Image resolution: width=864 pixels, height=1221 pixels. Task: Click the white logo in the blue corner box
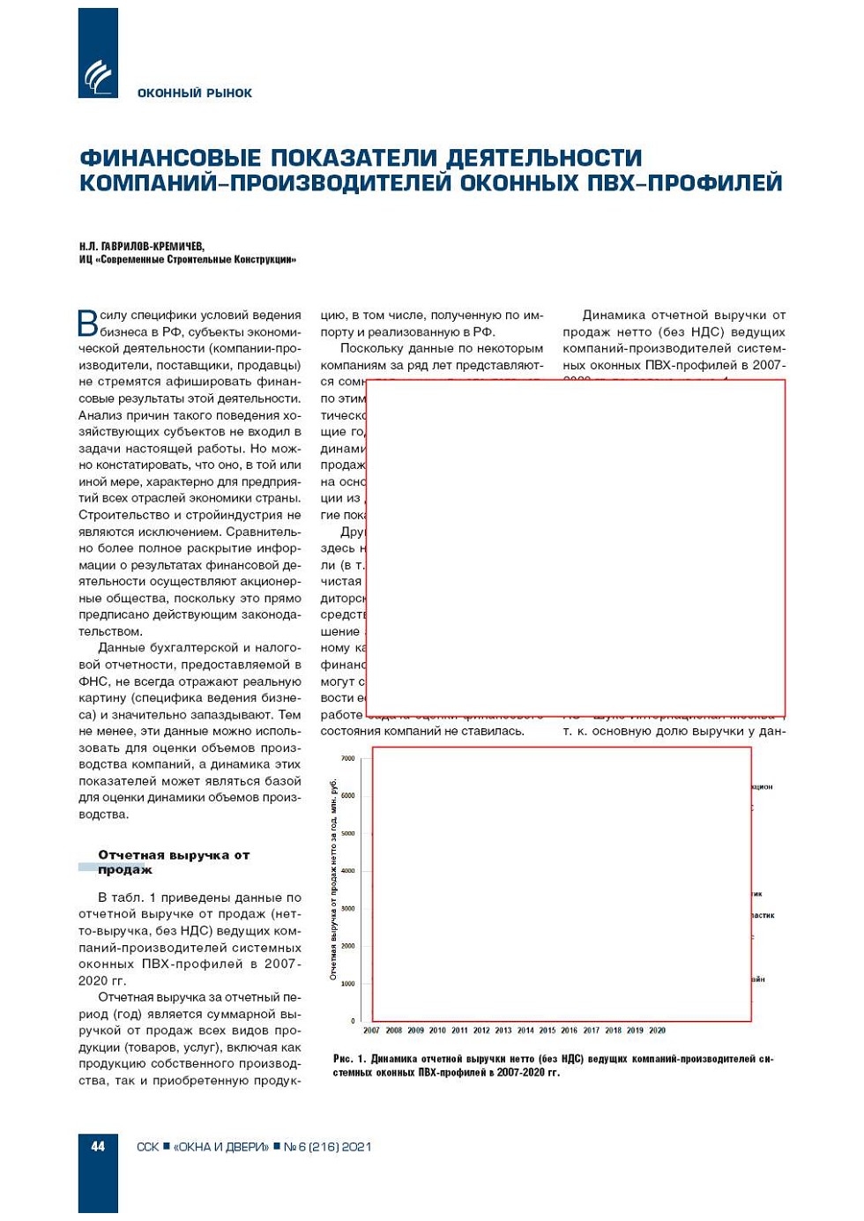tap(98, 78)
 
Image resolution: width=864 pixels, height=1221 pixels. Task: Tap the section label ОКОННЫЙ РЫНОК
tap(194, 93)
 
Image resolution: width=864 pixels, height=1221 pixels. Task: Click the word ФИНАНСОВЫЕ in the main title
tap(170, 158)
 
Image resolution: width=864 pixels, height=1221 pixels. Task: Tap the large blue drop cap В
tap(87, 323)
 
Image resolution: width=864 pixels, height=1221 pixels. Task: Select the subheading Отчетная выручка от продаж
tap(173, 862)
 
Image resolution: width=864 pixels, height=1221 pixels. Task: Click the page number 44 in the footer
tap(98, 1146)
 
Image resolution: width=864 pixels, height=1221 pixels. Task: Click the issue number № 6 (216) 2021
tap(327, 1147)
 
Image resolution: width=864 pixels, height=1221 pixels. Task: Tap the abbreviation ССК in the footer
tap(147, 1147)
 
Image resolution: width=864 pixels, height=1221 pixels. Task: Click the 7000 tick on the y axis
tap(347, 758)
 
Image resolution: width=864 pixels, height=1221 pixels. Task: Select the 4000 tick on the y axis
tap(347, 871)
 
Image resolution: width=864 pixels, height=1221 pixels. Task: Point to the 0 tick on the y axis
tap(353, 1021)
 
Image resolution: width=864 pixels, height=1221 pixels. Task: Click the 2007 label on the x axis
tap(371, 1031)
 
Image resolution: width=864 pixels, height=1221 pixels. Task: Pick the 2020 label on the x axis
tap(657, 1031)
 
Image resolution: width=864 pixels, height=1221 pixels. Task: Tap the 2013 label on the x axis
tap(503, 1031)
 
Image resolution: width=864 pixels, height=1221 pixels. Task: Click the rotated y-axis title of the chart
tap(333, 879)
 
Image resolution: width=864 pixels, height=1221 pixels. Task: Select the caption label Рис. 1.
tap(349, 1059)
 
